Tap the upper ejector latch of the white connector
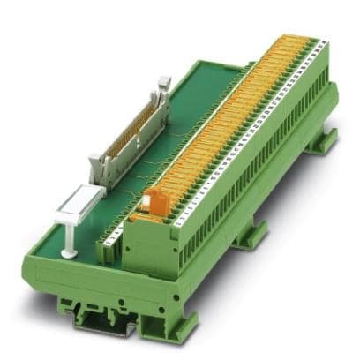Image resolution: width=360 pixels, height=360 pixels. point(163,86)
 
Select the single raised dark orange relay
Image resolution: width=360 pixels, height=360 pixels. point(147,201)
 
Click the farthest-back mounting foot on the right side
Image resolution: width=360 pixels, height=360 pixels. point(327,136)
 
